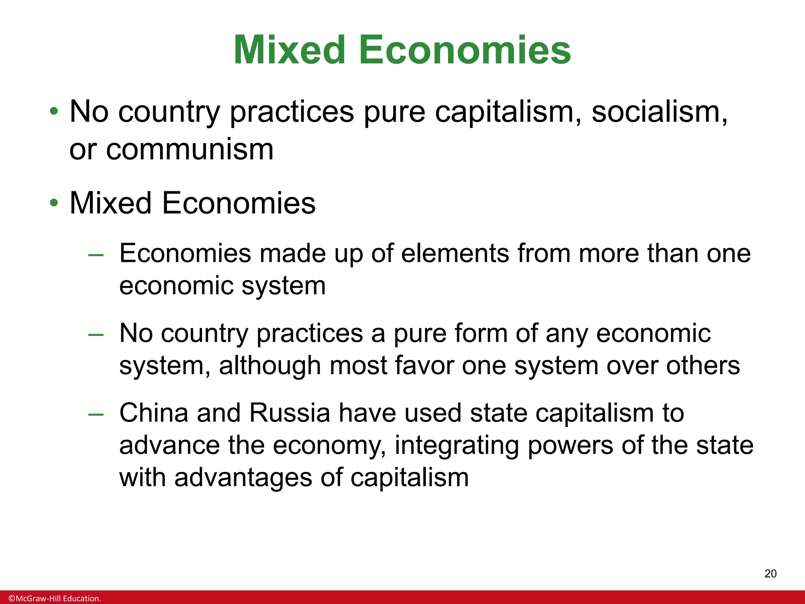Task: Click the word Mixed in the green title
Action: (289, 50)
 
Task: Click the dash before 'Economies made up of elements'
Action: (96, 255)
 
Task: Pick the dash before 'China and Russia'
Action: (96, 414)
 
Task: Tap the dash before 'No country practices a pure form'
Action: (96, 335)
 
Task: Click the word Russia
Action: (289, 413)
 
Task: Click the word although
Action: (270, 366)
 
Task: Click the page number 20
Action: (770, 574)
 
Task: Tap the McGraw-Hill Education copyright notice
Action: (55, 598)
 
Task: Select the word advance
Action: (169, 446)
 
